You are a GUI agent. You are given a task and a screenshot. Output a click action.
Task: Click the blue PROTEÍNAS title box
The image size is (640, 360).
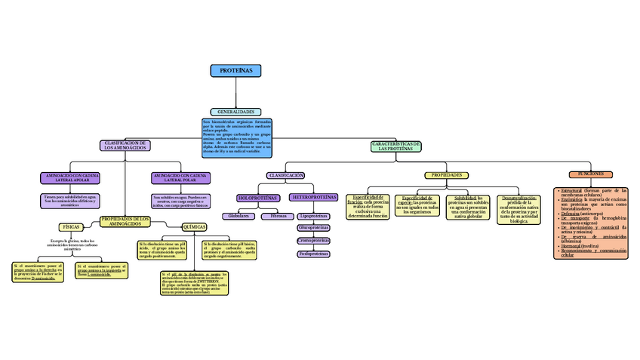tap(236, 71)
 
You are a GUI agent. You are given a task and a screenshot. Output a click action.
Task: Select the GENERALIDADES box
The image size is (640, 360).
tap(236, 112)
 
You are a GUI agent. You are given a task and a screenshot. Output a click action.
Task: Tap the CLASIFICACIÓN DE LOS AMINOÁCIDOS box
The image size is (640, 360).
tap(125, 145)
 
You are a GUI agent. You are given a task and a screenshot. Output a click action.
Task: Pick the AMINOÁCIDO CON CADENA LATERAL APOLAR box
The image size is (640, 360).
tap(69, 178)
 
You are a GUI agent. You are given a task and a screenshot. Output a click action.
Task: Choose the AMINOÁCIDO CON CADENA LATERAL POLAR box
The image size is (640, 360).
tap(181, 178)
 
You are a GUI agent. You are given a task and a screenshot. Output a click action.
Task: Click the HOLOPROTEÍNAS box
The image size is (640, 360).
tap(258, 198)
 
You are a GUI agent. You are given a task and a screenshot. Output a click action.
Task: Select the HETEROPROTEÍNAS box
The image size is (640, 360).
tap(314, 197)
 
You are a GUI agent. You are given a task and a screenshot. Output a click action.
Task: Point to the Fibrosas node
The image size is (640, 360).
tap(278, 217)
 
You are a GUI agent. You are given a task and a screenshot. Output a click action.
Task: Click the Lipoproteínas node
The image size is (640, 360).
tap(314, 216)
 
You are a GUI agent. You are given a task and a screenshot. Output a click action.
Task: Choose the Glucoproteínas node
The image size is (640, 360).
tap(314, 227)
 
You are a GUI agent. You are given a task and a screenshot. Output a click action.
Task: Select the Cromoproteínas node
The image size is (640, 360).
tap(314, 241)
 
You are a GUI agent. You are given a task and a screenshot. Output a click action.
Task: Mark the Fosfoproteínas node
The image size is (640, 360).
tap(314, 254)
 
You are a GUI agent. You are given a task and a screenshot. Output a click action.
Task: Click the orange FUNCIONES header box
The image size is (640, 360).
tap(590, 174)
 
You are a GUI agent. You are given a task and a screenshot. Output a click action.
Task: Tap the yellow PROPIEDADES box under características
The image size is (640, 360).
tap(447, 175)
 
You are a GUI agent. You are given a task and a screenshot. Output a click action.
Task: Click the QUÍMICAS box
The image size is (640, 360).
tap(195, 227)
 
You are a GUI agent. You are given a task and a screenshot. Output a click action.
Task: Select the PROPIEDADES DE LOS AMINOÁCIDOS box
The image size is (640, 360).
tap(125, 222)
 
